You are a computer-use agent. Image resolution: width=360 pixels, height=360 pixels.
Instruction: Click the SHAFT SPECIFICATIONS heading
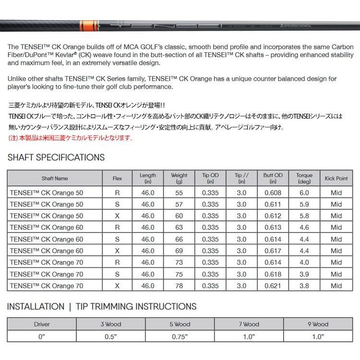[x=56, y=157]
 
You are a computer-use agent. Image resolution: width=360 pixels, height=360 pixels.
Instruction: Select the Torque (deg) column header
[x=304, y=179]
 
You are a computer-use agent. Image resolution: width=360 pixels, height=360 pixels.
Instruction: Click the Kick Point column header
[x=336, y=179]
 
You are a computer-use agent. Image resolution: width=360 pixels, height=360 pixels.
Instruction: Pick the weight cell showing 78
[x=179, y=286]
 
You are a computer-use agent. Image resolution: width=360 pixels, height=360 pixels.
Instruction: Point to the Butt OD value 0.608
[x=273, y=192]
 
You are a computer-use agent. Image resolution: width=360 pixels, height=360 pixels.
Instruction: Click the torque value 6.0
[x=304, y=192]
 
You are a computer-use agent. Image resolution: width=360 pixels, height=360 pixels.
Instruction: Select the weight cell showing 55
[x=179, y=192]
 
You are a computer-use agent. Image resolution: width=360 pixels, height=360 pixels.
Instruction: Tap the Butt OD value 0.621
[x=273, y=286]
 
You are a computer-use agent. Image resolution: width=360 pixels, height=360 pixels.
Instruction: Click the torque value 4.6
[x=304, y=228]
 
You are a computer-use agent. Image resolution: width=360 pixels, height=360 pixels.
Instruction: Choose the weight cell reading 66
[x=179, y=239]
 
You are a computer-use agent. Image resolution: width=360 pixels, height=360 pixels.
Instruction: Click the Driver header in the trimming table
[x=42, y=324]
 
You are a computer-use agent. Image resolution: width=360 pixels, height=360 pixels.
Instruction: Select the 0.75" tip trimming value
[x=180, y=336]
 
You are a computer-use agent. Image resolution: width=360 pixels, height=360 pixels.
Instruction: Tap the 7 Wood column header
[x=249, y=324]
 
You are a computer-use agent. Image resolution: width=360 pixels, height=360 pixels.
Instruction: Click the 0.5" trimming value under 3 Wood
[x=111, y=336]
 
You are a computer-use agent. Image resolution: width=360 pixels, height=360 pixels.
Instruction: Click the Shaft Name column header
[x=55, y=179]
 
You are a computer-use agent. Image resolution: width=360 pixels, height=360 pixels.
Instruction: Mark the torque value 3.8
[x=304, y=286]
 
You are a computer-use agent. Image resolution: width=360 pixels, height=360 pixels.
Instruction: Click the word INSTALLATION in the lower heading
[x=36, y=307]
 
